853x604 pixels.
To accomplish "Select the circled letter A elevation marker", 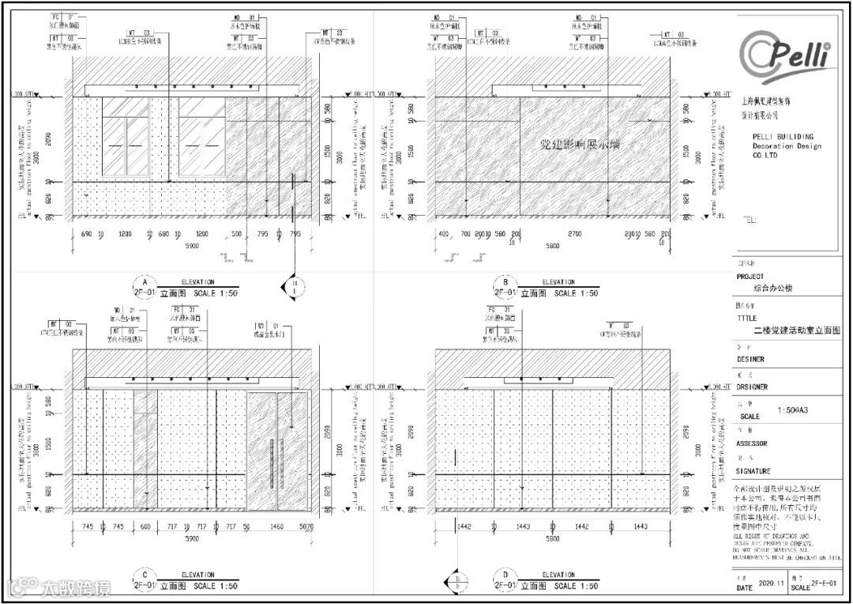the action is [144, 282].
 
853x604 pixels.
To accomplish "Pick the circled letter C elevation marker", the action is [144, 575].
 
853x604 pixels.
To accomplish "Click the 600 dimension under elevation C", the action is [145, 527].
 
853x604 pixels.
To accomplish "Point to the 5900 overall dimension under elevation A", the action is [192, 246].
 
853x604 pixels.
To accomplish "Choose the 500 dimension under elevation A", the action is [236, 235].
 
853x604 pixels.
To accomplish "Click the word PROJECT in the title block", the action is [750, 277].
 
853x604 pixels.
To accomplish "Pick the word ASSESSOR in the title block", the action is [753, 444].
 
